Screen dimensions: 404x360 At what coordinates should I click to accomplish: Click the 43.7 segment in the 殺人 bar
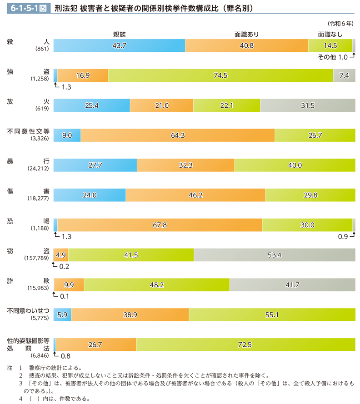tap(119, 46)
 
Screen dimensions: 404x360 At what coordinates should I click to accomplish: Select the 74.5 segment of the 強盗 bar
tap(220, 75)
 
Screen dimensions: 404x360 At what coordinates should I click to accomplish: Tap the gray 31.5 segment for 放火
tap(308, 105)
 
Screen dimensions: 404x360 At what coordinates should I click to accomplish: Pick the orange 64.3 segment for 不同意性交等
tap(177, 135)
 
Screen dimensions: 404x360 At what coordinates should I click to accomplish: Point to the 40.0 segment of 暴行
tap(295, 165)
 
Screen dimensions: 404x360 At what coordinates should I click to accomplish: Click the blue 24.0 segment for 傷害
tap(90, 195)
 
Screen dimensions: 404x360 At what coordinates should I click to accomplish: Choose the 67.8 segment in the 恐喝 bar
tap(160, 224)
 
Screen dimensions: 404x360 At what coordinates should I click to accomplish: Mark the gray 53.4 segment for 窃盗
tap(275, 255)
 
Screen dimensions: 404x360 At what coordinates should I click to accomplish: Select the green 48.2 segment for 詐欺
tap(157, 284)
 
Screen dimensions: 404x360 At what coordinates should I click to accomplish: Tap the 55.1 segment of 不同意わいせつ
tap(272, 314)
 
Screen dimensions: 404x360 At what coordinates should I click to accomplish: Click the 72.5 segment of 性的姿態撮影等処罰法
tap(245, 344)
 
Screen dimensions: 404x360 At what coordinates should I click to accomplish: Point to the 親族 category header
tap(119, 34)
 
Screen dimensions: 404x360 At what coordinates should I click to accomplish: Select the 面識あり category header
tap(247, 34)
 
